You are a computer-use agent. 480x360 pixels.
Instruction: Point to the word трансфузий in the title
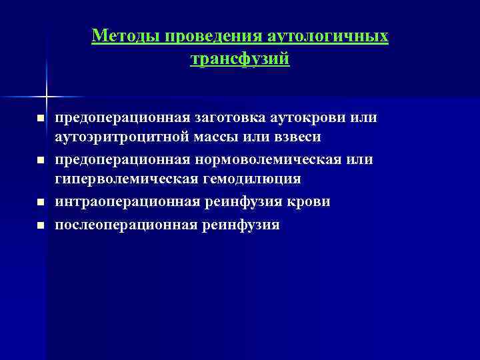pos(240,59)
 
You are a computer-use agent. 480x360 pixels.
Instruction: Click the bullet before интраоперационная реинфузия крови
pos(40,202)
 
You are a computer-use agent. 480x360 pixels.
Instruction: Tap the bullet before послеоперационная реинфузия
pos(40,225)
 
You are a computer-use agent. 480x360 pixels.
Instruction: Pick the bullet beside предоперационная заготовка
pos(40,119)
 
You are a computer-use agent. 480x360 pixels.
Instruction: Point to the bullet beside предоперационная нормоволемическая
pos(40,161)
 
